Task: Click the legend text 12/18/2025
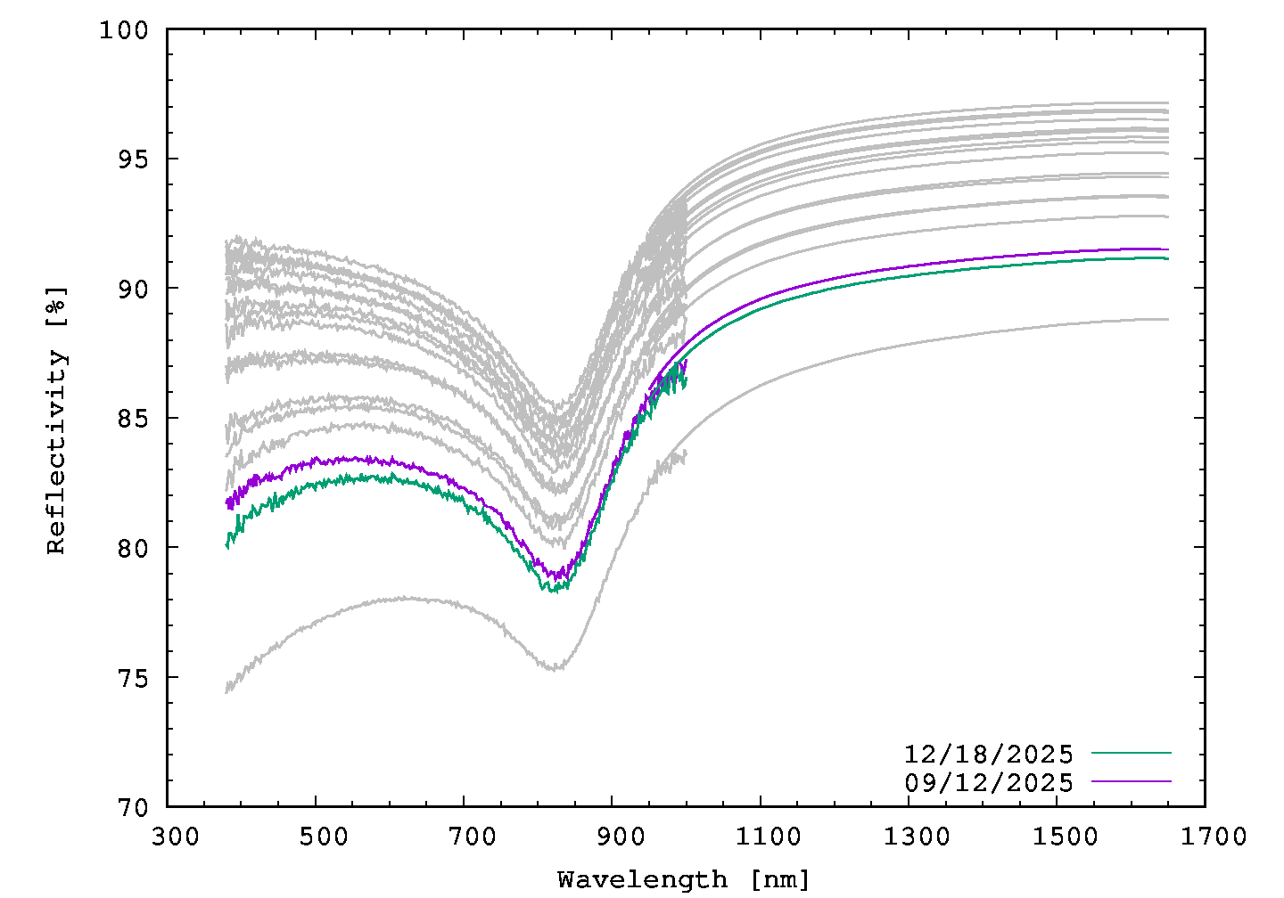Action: [988, 755]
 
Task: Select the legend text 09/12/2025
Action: [988, 782]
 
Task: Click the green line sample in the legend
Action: [1131, 753]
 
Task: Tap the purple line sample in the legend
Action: [1131, 780]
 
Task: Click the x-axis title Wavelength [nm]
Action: [684, 880]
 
